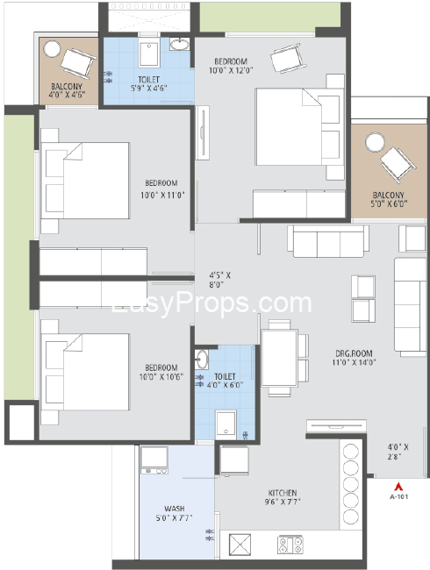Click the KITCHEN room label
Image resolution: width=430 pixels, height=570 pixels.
click(283, 493)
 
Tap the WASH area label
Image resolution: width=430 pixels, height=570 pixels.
click(175, 509)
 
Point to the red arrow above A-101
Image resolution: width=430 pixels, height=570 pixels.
click(398, 487)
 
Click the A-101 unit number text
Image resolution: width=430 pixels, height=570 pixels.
click(398, 496)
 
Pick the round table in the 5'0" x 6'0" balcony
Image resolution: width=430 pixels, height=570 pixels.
click(375, 142)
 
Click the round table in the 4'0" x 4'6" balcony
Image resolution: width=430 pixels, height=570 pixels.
click(52, 48)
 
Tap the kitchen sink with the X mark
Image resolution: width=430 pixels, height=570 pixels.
click(240, 545)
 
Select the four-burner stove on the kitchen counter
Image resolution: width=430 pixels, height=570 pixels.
click(290, 545)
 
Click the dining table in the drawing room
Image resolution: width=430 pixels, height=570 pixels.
click(279, 358)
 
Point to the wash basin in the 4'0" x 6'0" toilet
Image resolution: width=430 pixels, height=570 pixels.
click(201, 360)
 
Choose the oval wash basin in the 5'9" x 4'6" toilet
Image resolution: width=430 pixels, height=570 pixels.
click(180, 45)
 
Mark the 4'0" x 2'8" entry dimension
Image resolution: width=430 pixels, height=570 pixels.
click(398, 452)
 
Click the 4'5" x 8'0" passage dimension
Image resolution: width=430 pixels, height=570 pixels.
click(219, 280)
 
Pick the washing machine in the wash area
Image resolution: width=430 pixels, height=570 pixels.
click(154, 460)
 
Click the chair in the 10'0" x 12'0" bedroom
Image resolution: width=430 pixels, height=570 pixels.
click(287, 58)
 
